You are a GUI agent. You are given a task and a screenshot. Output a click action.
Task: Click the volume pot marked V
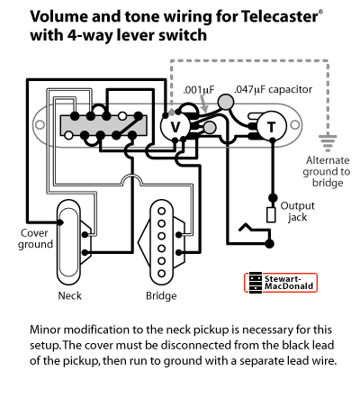[175, 127]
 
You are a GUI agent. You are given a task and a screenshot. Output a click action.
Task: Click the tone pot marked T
[272, 126]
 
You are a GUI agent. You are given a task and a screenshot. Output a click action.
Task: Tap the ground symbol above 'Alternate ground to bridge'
[328, 142]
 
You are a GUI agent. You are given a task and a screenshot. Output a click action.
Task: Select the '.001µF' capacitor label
[199, 90]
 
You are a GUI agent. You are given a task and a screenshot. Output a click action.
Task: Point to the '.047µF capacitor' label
[273, 89]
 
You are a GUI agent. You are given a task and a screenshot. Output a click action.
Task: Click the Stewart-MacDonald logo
[281, 283]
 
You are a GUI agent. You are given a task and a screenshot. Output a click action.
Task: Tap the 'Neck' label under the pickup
[69, 295]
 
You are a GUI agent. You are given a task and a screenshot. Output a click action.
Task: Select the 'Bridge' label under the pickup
[161, 296]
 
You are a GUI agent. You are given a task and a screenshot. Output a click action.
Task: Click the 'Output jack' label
[297, 212]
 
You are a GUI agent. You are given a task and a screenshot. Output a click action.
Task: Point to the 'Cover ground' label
[35, 239]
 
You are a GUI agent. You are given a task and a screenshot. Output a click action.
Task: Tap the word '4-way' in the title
[90, 35]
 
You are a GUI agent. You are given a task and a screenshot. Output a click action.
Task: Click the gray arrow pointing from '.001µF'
[202, 104]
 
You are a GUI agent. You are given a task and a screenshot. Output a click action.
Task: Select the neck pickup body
[68, 242]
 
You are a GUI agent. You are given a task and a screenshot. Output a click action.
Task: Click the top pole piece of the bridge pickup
[162, 211]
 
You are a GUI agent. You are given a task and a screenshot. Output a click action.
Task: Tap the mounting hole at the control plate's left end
[40, 124]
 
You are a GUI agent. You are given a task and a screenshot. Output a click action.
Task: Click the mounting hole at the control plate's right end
[295, 124]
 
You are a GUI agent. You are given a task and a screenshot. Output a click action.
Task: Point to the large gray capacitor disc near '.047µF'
[226, 102]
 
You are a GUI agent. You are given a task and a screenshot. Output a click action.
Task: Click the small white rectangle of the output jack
[271, 215]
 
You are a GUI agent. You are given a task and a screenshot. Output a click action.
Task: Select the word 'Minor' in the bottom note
[45, 330]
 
